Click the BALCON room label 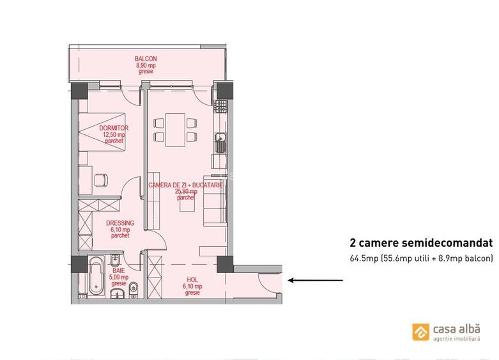coord(146,59)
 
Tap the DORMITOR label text coord(114,129)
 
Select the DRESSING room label coord(120,223)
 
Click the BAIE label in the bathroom coord(119,270)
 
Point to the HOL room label coord(192,279)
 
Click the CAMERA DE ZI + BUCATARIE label coord(185,185)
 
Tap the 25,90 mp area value coord(186,191)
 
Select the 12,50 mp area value coord(114,135)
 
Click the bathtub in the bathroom coord(96,275)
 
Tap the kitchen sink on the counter coord(220,143)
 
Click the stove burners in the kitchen coord(220,105)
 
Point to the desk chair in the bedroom coord(101,180)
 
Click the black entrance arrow coord(313,280)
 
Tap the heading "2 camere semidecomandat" coord(421,243)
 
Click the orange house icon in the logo coord(420,332)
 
